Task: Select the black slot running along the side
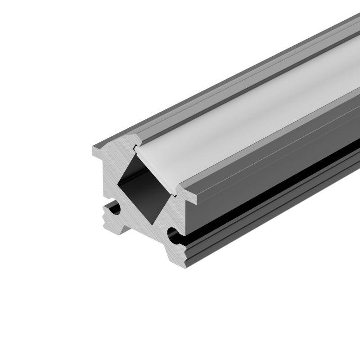click(270, 189)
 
